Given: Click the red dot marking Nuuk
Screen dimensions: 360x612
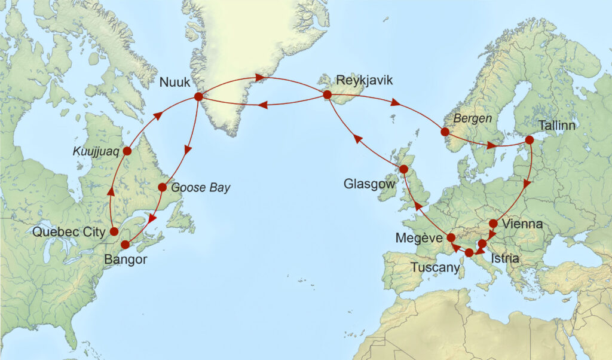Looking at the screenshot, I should (198, 96).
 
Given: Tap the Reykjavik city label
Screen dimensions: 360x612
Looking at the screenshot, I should (364, 80).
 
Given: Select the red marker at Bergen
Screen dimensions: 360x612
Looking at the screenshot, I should (445, 132).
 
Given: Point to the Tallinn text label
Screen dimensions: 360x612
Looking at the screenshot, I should (558, 126).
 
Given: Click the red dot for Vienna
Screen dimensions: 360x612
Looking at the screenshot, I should (493, 224).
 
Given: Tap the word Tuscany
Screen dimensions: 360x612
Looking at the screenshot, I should (435, 268).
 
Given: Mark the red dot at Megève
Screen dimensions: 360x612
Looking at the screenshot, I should (451, 237).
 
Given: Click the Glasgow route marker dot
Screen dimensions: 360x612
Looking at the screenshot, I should (403, 169).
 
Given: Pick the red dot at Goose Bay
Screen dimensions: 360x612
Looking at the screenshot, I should (162, 187).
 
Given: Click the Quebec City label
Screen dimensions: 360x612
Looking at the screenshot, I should (72, 231).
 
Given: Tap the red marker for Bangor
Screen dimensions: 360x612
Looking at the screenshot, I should (126, 244).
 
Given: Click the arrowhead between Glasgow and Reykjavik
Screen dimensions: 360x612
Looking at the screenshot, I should (357, 139).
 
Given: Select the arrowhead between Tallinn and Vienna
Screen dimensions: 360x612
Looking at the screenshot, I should (527, 184).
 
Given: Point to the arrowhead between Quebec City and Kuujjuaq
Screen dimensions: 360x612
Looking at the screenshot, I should (111, 191).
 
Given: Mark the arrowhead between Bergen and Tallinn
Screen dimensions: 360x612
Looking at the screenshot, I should (491, 145).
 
